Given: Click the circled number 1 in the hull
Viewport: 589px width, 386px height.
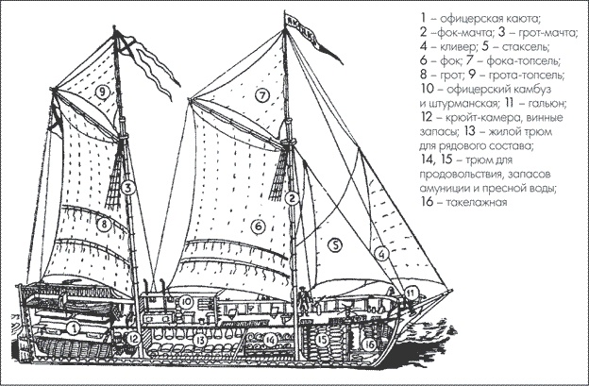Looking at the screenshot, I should tap(72, 328).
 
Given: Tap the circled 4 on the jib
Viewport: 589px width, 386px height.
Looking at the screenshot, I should tap(380, 253).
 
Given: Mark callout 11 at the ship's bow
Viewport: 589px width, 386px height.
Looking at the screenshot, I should tap(412, 294).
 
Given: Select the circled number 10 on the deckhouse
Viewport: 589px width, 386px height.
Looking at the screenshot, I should tap(187, 302).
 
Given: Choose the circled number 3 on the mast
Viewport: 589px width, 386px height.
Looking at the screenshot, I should tap(125, 188).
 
